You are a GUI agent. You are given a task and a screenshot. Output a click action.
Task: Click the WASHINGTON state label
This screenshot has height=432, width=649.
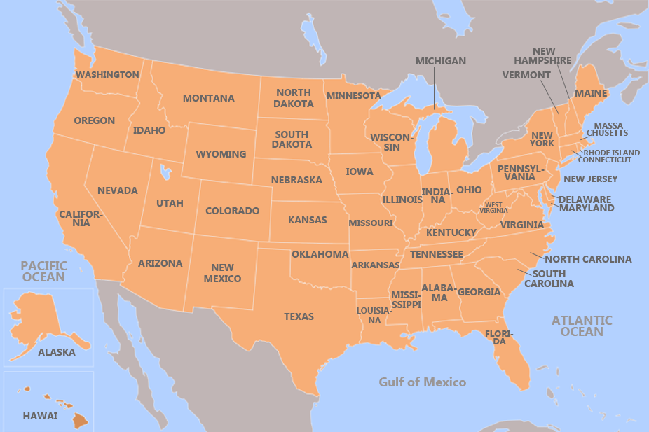tap(107, 75)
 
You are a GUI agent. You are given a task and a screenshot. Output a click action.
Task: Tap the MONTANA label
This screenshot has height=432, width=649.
tap(208, 98)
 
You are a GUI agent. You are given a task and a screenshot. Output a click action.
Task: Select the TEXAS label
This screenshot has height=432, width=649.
tap(299, 316)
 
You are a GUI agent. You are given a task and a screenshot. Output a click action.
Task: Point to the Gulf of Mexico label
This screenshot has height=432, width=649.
tap(422, 382)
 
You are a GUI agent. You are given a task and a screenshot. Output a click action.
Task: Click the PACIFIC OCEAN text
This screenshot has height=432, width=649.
tap(43, 271)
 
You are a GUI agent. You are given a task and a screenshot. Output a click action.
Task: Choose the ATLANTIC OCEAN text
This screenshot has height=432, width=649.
tap(581, 326)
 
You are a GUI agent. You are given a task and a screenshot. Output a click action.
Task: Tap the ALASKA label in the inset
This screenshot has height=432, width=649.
tap(56, 352)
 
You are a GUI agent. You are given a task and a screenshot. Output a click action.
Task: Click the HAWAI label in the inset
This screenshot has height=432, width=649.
tap(40, 415)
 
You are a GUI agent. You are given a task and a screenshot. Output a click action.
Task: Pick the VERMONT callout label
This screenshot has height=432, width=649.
tap(526, 75)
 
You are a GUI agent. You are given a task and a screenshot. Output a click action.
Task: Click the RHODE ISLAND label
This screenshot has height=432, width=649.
tap(611, 152)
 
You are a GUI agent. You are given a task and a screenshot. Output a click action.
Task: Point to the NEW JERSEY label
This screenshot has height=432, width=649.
tap(590, 179)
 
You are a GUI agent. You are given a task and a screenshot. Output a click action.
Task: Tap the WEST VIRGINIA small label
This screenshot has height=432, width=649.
tap(493, 207)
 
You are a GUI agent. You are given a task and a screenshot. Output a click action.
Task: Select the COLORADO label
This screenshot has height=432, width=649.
tap(232, 211)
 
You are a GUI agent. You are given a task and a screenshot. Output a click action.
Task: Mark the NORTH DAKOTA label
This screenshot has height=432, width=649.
tap(294, 98)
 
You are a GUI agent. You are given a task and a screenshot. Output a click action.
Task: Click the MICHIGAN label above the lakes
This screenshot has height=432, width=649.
tap(440, 61)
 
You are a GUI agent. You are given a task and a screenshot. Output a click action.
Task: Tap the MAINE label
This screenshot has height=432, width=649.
tap(591, 92)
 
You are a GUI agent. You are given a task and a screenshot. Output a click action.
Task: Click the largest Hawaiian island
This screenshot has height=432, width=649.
tap(80, 421)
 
